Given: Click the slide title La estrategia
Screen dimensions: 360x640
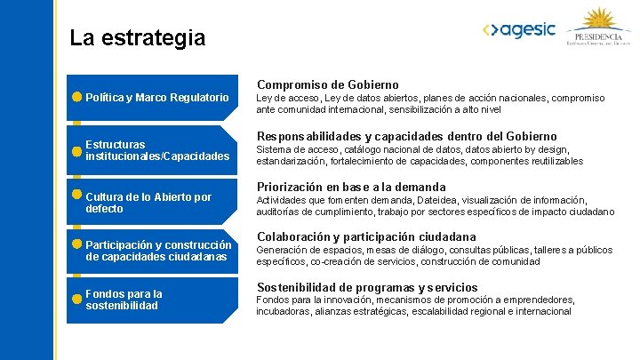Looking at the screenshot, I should tap(137, 38).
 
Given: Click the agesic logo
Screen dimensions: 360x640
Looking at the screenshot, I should tap(519, 30).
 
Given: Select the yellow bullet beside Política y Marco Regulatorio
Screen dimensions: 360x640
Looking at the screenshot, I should tap(77, 97).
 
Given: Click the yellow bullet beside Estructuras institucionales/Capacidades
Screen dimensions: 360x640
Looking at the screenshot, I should tap(77, 150).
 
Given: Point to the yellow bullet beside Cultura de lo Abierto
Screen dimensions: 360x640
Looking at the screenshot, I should tap(77, 195).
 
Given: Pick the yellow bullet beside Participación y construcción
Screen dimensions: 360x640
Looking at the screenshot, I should tap(77, 244).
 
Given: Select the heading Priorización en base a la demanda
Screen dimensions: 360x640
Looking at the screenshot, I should tap(350, 187).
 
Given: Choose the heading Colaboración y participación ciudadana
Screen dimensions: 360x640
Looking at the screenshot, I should tap(365, 236).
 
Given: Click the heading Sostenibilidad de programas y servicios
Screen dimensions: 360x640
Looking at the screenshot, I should tap(366, 287).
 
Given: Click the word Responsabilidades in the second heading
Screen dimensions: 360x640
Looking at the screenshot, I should tap(308, 136).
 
